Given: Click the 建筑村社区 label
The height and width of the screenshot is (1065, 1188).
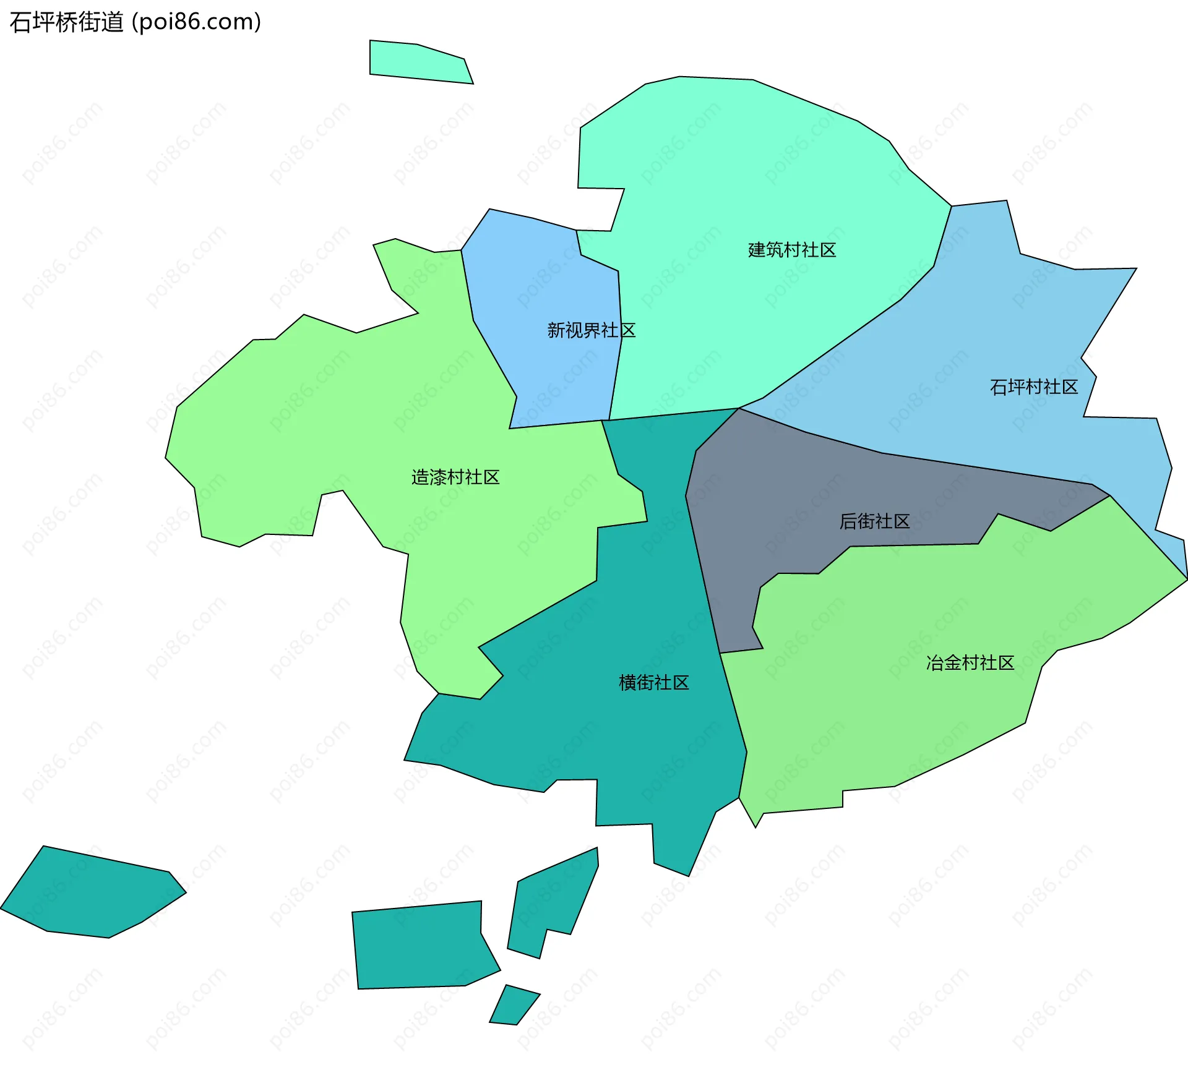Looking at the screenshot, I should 792,250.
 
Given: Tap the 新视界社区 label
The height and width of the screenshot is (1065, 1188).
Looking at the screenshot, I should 591,330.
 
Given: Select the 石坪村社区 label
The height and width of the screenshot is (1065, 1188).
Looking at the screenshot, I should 1034,387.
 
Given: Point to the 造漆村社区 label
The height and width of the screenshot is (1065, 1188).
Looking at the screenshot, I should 455,477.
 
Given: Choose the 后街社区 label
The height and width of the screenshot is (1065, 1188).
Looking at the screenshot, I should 874,521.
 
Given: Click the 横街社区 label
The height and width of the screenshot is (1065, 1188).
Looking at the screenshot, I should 654,683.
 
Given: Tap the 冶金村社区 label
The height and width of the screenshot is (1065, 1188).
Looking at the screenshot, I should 970,663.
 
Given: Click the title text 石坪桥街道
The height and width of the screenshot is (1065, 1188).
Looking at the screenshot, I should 67,22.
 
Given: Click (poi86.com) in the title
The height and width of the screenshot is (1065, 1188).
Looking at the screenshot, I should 197,22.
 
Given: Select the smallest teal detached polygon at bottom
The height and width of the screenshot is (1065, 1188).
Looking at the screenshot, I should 513,1006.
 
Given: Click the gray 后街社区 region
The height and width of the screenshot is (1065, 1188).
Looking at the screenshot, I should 773,495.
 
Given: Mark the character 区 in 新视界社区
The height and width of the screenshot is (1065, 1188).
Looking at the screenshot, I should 628,330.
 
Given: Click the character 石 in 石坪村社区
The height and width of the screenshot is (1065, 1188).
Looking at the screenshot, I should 998,387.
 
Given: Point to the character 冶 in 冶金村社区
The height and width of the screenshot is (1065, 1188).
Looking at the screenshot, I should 934,663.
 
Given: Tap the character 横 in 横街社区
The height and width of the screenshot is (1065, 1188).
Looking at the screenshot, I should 627,683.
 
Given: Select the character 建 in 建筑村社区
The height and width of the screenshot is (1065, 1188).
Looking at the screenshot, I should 757,250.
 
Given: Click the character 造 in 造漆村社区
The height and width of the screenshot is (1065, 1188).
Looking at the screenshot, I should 420,477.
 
